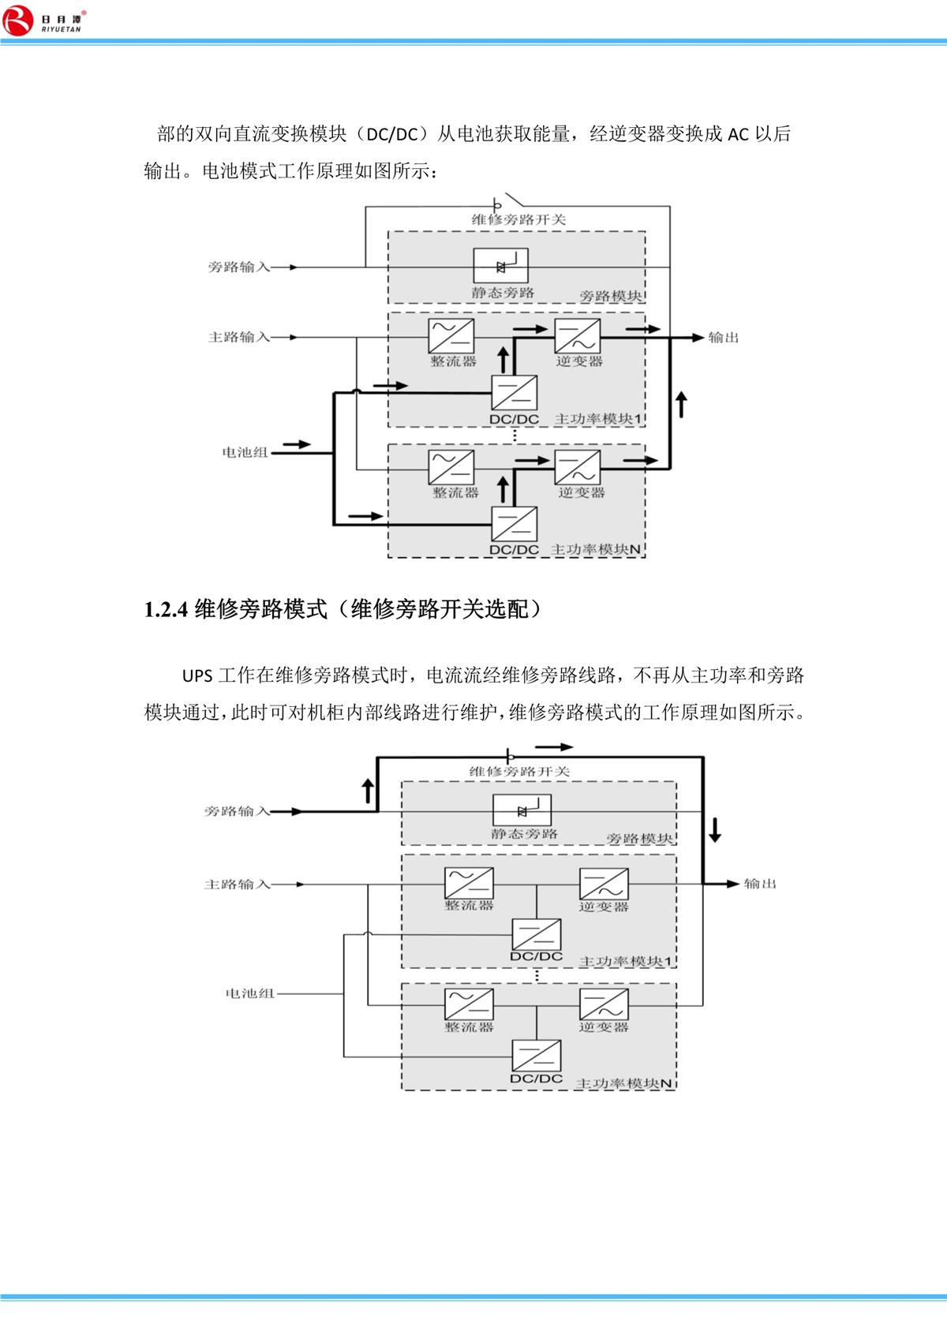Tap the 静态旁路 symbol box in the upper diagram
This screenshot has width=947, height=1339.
pyautogui.click(x=500, y=266)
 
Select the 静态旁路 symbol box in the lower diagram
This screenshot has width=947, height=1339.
pyautogui.click(x=522, y=810)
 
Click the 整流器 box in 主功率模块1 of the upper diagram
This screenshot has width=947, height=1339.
pyautogui.click(x=451, y=336)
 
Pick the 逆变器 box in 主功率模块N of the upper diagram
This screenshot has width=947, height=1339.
pyautogui.click(x=578, y=467)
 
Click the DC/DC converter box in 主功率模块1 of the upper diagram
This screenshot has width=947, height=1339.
pyautogui.click(x=515, y=392)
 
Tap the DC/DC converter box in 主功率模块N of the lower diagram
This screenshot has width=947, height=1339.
pyautogui.click(x=537, y=1056)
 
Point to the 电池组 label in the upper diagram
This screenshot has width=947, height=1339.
pyautogui.click(x=245, y=453)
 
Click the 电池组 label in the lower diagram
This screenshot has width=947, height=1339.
pyautogui.click(x=250, y=993)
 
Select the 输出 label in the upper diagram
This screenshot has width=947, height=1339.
pyautogui.click(x=724, y=338)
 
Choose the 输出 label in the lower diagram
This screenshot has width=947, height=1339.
pyautogui.click(x=760, y=884)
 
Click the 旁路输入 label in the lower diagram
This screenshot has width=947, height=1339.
pyautogui.click(x=237, y=811)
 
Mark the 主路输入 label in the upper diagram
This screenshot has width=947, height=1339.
pyautogui.click(x=239, y=338)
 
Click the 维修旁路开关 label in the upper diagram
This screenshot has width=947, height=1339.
pyautogui.click(x=519, y=219)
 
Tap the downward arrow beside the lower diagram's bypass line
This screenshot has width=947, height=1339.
pyautogui.click(x=715, y=829)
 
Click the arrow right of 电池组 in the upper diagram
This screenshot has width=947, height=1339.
pyautogui.click(x=297, y=445)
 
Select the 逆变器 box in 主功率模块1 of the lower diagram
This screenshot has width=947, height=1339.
pyautogui.click(x=604, y=884)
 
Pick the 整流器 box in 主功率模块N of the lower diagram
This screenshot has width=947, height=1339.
pyautogui.click(x=470, y=1004)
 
